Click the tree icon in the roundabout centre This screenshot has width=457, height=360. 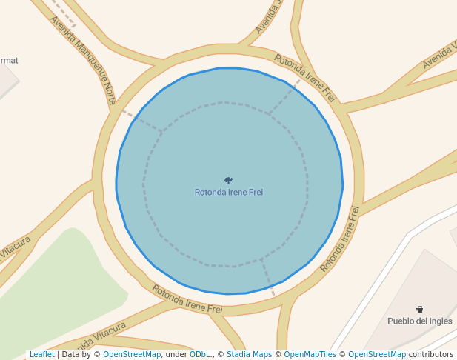pos(229,180)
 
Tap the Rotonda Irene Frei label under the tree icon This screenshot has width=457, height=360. pos(229,193)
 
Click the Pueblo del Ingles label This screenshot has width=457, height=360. pos(419,321)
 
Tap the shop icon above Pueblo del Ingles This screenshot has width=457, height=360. pos(419,309)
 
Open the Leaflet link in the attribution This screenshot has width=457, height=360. pos(41,354)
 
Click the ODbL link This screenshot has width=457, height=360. pos(199,354)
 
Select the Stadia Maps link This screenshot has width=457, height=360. pos(249,354)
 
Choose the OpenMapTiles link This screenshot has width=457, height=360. pos(310,354)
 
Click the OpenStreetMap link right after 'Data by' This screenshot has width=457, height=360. pos(132,354)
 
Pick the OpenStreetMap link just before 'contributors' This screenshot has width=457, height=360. pos(377,354)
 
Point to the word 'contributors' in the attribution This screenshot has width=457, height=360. pos(431,354)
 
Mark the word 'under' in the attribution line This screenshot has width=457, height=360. pos(176,354)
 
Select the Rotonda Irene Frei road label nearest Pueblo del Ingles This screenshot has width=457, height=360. pos(340,239)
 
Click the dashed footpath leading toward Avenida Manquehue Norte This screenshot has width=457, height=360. pos(141,122)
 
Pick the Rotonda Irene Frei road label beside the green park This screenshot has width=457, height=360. pos(187,299)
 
